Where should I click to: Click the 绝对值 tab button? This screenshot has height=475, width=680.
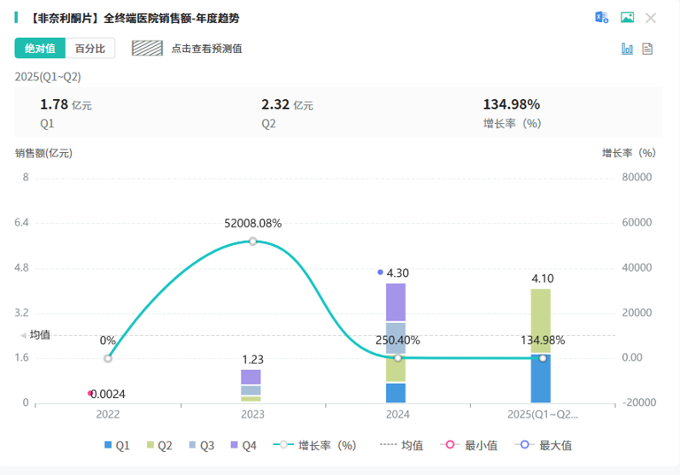(x=40, y=48)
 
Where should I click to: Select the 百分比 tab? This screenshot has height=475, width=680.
(x=90, y=48)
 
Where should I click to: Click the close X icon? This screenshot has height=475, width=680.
(x=651, y=18)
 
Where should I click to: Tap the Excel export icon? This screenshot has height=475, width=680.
(x=602, y=18)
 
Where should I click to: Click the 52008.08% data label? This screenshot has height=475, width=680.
(x=253, y=223)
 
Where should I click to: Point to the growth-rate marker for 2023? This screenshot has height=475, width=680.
(x=253, y=241)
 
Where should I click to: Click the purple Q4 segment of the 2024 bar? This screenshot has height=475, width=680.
(x=396, y=303)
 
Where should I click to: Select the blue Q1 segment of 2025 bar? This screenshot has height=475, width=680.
(x=542, y=379)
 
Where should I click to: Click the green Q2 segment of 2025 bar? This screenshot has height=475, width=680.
(x=542, y=321)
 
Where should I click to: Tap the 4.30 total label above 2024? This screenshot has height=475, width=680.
(x=398, y=273)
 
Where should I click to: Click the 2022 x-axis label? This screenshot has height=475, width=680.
(x=108, y=414)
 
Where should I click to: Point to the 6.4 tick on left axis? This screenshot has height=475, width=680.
(x=22, y=223)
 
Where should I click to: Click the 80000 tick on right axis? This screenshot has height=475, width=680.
(x=637, y=178)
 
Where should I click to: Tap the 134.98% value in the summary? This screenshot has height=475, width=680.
(x=511, y=104)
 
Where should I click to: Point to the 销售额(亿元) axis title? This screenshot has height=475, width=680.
(x=43, y=153)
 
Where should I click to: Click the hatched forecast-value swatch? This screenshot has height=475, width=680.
(x=148, y=48)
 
